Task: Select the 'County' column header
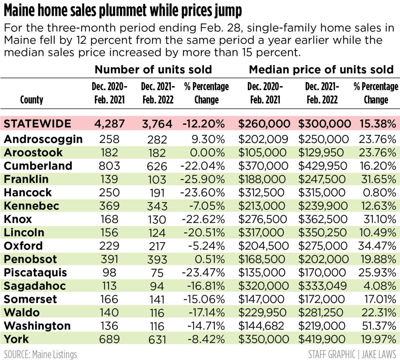click(x=32, y=99)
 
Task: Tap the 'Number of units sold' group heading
click(x=153, y=69)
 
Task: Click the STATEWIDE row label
click(x=37, y=124)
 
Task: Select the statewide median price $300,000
click(x=324, y=124)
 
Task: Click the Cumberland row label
click(x=38, y=166)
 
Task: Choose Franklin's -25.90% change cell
click(x=204, y=179)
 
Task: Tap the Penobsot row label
click(x=31, y=259)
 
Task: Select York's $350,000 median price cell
click(x=264, y=339)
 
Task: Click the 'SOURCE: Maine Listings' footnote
click(x=41, y=354)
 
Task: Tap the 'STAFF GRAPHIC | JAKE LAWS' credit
click(x=352, y=354)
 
